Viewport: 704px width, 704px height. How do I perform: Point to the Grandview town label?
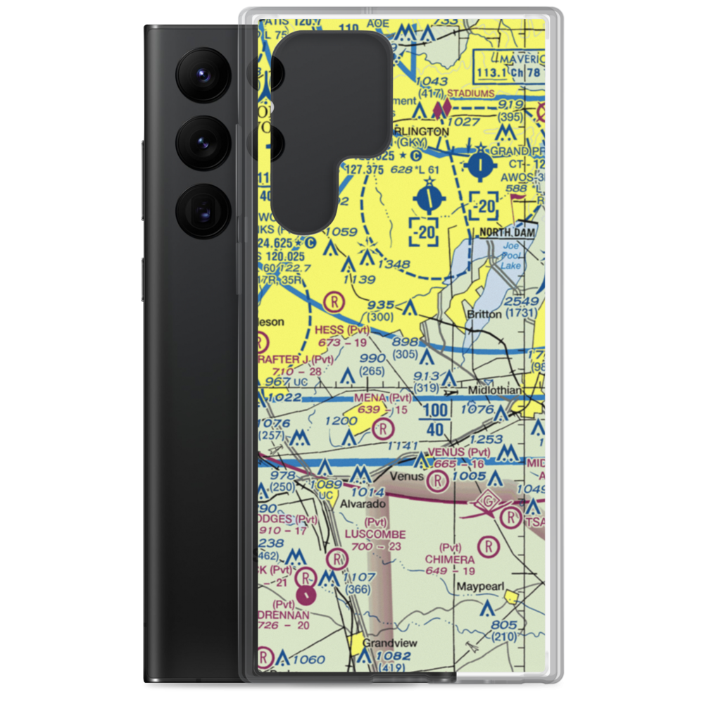click(389, 643)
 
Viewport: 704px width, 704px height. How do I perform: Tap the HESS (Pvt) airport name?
click(342, 329)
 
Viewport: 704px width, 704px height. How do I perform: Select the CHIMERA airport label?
click(450, 558)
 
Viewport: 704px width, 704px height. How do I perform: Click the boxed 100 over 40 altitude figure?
click(436, 420)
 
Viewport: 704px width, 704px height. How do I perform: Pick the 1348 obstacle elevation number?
click(394, 264)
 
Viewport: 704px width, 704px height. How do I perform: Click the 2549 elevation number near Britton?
click(522, 302)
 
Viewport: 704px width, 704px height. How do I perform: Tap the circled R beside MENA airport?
click(382, 428)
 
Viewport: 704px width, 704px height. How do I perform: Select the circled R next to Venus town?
click(438, 482)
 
